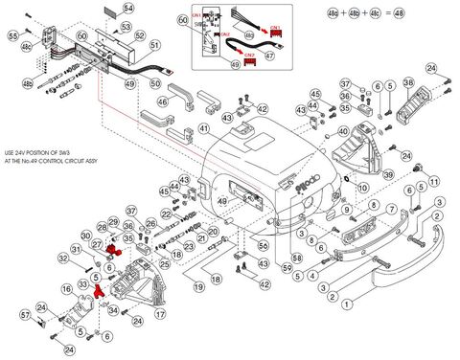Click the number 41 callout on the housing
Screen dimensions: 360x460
click(203, 129)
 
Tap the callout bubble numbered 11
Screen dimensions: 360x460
click(433, 181)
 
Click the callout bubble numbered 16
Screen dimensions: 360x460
click(68, 286)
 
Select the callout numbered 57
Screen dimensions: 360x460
click(24, 314)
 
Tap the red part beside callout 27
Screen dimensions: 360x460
click(114, 251)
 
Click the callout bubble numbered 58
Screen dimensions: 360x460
click(297, 259)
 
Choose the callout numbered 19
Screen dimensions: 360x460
click(198, 287)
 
